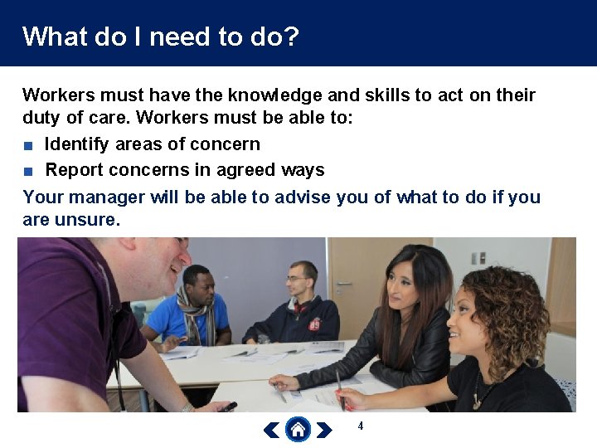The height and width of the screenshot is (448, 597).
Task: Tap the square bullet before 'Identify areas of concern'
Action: coord(28,145)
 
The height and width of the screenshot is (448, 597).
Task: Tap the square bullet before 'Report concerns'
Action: coord(28,172)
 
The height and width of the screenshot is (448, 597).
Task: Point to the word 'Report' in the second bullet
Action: coord(73,170)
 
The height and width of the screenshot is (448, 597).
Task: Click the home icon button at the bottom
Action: coord(298,430)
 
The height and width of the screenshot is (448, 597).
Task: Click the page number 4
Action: coord(361,426)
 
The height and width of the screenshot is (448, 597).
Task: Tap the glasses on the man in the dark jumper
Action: coord(297,279)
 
